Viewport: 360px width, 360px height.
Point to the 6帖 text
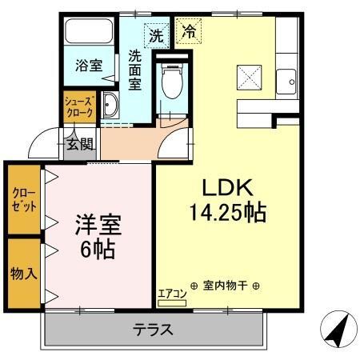[97, 249]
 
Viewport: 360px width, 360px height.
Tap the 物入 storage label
[23, 273]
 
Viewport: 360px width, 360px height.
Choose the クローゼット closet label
[21, 199]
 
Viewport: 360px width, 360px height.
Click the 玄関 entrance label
[79, 145]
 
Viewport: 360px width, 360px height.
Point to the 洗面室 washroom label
[136, 71]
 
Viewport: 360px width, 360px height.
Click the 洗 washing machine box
[155, 36]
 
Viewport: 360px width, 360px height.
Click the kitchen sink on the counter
[286, 80]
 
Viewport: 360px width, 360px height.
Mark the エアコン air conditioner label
[172, 294]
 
